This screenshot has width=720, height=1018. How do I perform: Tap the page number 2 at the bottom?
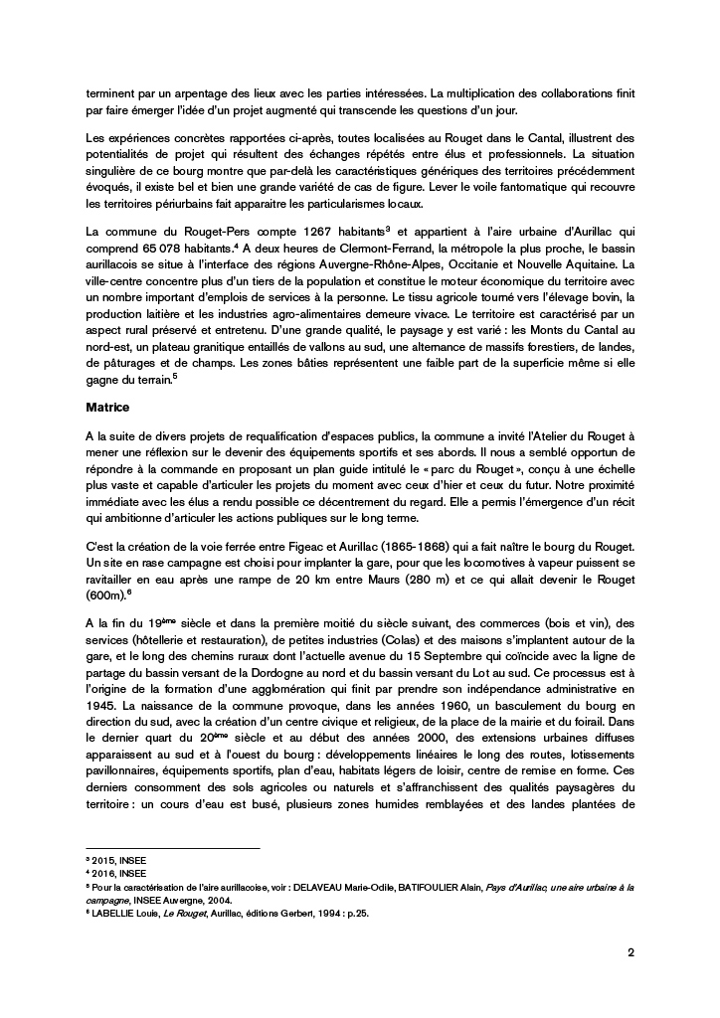(631, 951)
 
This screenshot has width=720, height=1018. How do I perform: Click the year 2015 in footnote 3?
(101, 857)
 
